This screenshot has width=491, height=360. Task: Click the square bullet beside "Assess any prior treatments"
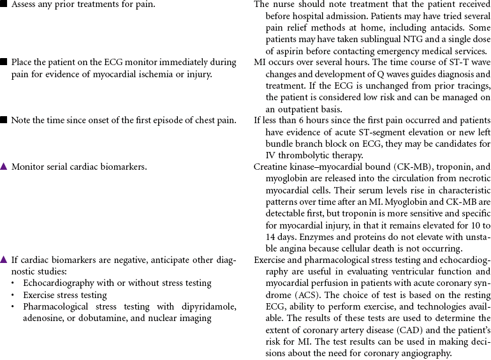click(4, 4)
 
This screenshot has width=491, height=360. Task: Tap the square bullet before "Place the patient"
click(4, 63)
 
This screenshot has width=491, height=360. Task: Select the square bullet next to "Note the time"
click(4, 120)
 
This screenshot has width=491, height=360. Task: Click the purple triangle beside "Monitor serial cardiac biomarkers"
click(4, 167)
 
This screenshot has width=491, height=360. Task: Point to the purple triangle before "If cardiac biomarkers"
click(4, 260)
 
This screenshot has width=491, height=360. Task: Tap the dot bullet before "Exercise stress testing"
click(14, 296)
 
